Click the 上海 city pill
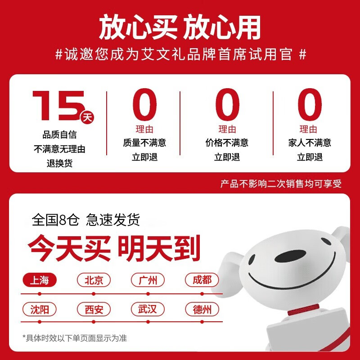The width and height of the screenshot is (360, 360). [40, 280]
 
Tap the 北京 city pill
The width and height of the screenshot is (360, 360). [94, 280]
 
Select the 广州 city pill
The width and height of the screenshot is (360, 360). [148, 280]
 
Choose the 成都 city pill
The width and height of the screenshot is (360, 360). [202, 280]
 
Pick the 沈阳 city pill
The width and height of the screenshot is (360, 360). [40, 309]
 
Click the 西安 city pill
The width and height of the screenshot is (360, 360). [94, 309]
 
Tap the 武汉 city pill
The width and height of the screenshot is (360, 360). [148, 309]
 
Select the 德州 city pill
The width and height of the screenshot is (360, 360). [202, 309]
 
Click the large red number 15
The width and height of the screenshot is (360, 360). [58, 105]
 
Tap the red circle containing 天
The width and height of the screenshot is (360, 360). [87, 117]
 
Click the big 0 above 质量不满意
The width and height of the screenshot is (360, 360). [144, 104]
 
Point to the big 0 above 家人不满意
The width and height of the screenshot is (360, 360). [310, 104]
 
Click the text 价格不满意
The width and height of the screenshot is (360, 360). [227, 143]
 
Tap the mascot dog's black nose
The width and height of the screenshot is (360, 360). [290, 256]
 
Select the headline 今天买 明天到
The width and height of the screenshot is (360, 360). [114, 248]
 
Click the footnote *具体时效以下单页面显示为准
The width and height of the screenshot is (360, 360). [75, 338]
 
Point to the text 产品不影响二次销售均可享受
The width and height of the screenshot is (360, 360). [281, 184]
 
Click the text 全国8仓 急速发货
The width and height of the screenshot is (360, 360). [85, 220]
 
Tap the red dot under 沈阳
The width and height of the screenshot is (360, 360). [40, 322]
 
